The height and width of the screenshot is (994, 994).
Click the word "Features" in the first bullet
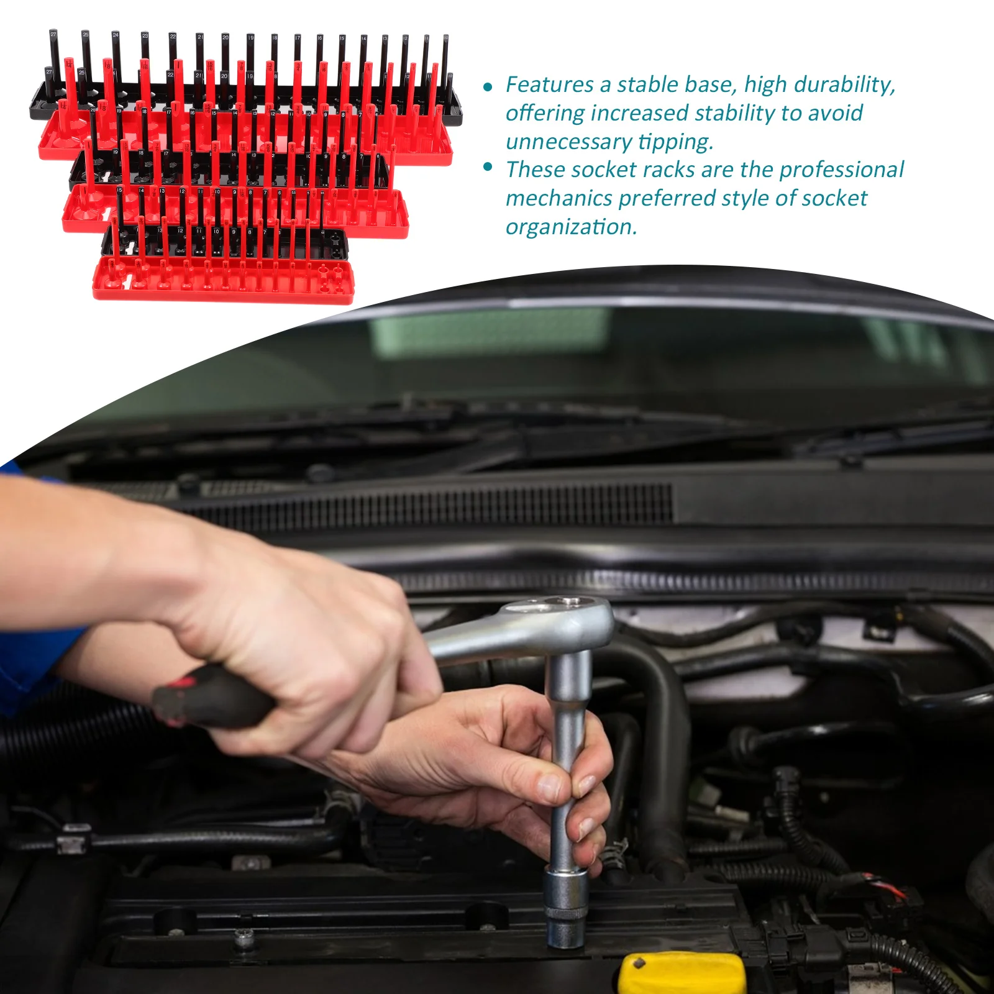coord(549,85)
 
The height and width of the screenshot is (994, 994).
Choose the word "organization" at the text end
coord(571,227)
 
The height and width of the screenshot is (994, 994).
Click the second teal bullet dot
coord(488,166)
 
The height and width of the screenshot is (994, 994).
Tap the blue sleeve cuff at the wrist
coord(37,659)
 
